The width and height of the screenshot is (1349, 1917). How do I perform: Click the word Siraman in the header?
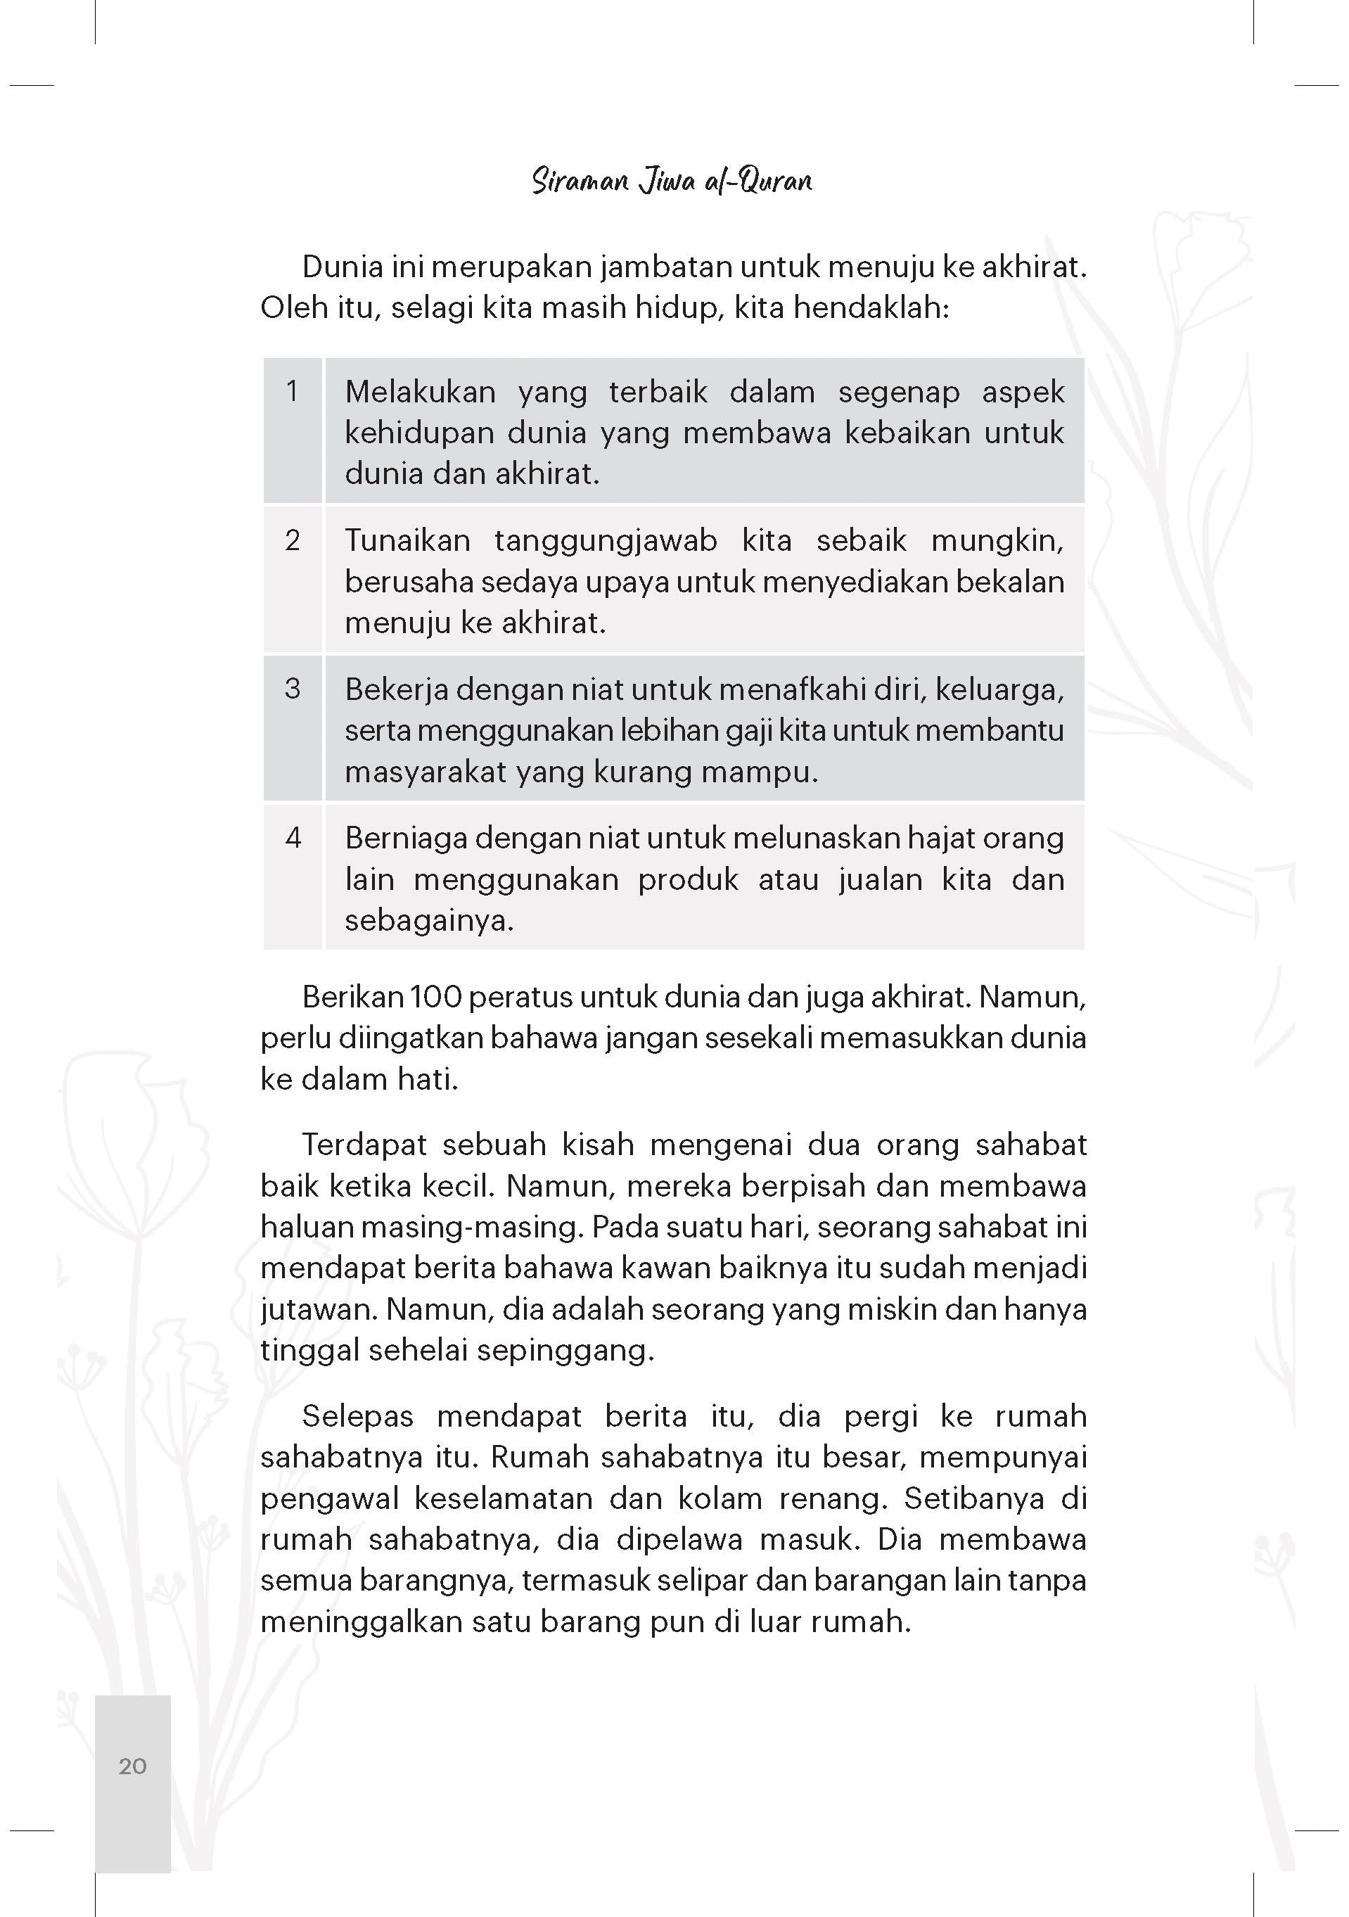pos(580,181)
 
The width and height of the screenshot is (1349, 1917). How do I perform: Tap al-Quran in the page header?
pos(758,181)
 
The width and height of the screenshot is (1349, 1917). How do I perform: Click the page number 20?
pos(133,1765)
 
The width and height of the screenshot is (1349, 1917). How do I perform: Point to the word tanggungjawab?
pos(605,541)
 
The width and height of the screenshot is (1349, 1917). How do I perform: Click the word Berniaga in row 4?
pos(407,839)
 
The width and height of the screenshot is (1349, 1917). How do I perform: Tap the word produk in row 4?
pos(688,880)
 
